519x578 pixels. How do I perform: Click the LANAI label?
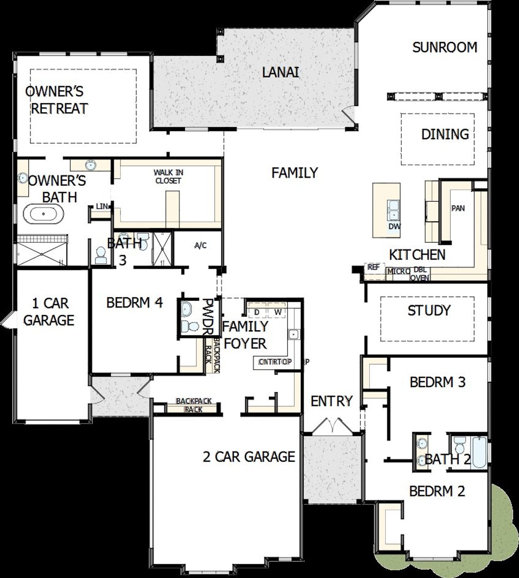[280, 73]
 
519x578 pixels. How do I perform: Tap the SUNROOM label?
[445, 47]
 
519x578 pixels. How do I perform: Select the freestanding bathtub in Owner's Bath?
[43, 213]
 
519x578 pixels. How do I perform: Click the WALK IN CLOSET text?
[168, 177]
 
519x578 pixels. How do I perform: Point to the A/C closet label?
[200, 245]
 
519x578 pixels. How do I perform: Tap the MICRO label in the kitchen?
[398, 271]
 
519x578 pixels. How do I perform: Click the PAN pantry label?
[458, 208]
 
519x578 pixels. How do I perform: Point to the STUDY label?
[429, 311]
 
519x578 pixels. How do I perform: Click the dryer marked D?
[257, 312]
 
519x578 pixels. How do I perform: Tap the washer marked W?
[278, 312]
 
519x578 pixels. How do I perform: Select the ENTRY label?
[332, 401]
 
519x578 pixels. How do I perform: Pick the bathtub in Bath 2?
[480, 452]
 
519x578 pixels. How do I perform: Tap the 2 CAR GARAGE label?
[249, 457]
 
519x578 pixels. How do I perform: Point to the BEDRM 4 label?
[135, 303]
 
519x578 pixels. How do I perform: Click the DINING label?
[445, 134]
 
